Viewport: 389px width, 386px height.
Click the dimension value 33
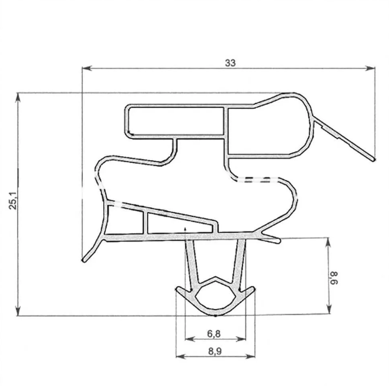tap(230, 63)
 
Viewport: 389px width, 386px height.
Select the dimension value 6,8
tap(214, 334)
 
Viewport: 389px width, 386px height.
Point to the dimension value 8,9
tap(215, 351)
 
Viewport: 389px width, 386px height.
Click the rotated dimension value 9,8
tap(334, 278)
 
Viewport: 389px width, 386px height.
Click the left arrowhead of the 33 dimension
tap(87, 68)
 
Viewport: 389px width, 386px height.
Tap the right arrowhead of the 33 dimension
tap(370, 68)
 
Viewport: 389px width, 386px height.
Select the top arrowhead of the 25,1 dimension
tap(18, 98)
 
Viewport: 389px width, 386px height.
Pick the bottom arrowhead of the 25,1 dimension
tap(18, 311)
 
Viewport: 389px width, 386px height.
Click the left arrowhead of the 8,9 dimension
tap(181, 357)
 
